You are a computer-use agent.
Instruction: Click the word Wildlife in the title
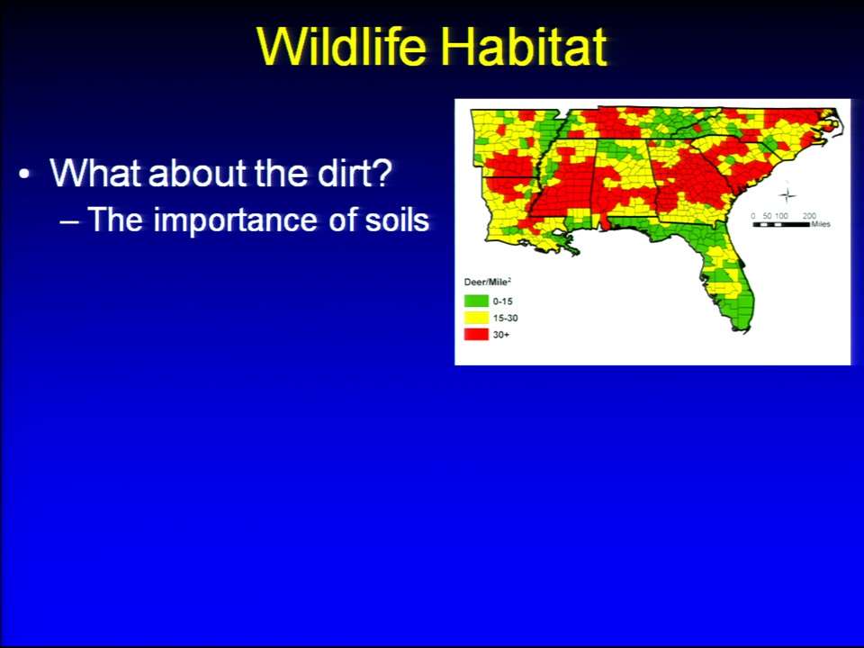pos(342,45)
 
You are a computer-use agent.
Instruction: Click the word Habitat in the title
pos(524,45)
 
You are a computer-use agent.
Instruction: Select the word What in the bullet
pos(95,173)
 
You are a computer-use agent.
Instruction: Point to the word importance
pos(235,220)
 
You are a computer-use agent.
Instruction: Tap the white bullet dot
pos(23,174)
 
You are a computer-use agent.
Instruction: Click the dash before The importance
pos(69,221)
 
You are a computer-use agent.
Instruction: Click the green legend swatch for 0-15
pos(476,301)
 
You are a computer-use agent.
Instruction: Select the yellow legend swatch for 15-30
pos(476,318)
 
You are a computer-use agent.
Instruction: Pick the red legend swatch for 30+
pos(476,334)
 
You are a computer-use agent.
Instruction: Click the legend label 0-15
pos(502,301)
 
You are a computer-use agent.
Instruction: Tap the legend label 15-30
pos(505,318)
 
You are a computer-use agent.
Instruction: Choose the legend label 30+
pos(501,335)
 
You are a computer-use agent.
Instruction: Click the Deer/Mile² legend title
pos(488,282)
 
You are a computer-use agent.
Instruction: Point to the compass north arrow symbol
pos(787,194)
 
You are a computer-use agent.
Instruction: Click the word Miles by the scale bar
pos(821,224)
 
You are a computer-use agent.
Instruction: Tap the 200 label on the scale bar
pos(809,216)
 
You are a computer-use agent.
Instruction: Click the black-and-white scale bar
pos(781,224)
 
